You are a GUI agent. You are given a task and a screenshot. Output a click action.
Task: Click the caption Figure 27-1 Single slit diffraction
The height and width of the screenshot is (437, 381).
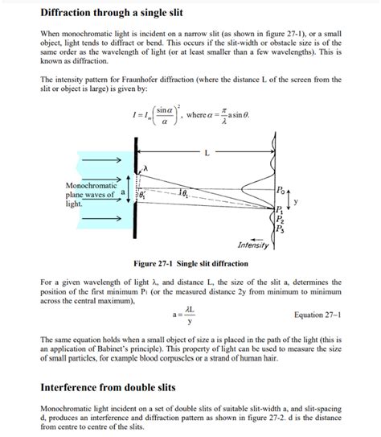pos(190,263)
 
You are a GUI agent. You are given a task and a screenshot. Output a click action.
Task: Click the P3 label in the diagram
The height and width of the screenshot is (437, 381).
pos(279,229)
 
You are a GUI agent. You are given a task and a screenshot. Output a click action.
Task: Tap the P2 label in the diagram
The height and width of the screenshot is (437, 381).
pos(279,219)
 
